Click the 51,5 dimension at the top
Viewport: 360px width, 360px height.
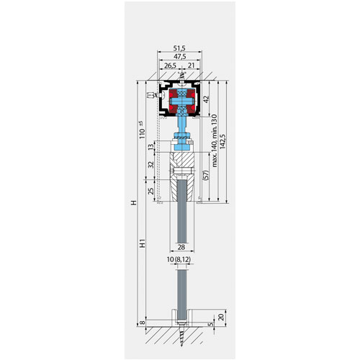coord(179,48)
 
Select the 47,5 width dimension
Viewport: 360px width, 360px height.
coord(179,57)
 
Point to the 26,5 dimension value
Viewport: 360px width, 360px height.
coord(170,66)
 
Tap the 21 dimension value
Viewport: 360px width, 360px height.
coord(192,66)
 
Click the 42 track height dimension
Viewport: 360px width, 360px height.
coord(206,99)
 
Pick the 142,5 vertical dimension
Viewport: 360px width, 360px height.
coord(222,141)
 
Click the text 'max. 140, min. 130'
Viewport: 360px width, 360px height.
coord(215,140)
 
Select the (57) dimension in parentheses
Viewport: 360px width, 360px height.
coord(206,175)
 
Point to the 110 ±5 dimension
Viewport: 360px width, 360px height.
coord(142,130)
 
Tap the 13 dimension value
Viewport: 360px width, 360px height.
coord(150,147)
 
